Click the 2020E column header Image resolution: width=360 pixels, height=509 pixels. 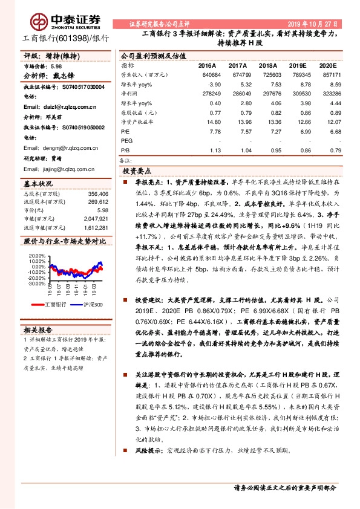coord(328,65)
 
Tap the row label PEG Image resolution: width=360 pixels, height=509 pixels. coord(126,140)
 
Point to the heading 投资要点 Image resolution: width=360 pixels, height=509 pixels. coord(137,172)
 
